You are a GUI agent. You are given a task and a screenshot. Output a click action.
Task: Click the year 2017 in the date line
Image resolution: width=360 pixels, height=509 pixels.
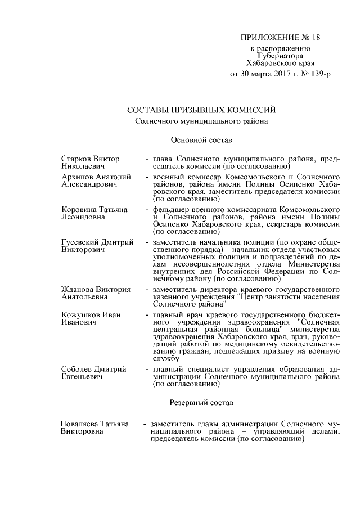pyautogui.click(x=268, y=74)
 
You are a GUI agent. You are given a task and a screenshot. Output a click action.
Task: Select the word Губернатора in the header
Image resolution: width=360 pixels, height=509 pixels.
pyautogui.click(x=281, y=56)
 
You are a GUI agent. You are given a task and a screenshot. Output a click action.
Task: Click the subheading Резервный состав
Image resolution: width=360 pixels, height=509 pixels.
pyautogui.click(x=201, y=402)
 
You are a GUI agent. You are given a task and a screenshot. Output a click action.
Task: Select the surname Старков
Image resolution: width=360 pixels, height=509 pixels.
pyautogui.click(x=76, y=159)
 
